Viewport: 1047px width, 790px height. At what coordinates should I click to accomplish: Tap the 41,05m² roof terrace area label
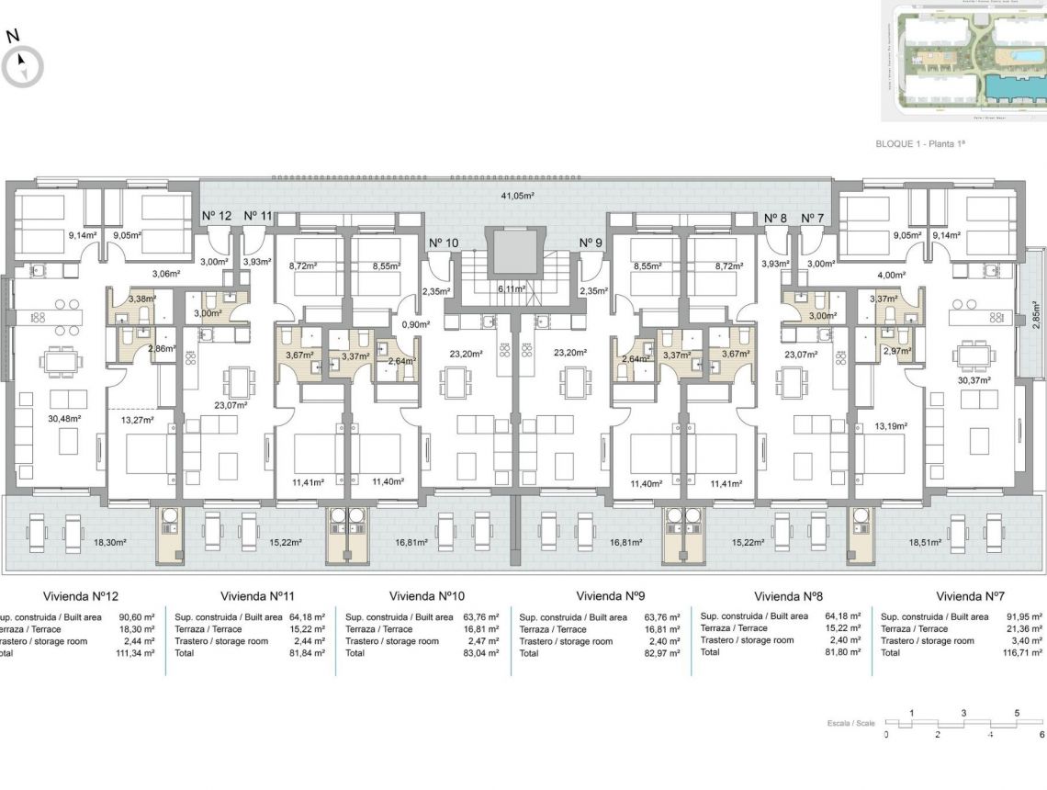click(x=518, y=196)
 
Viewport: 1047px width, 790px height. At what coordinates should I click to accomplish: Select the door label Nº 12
click(x=217, y=216)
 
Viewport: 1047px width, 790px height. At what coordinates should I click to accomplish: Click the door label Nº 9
click(x=591, y=243)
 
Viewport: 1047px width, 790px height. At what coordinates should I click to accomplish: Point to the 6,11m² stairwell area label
click(x=512, y=288)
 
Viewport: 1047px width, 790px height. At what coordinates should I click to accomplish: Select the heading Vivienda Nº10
click(x=427, y=595)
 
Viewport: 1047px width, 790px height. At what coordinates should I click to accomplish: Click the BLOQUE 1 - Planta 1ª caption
click(x=920, y=144)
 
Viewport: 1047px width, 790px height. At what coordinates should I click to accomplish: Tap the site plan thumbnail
click(x=963, y=60)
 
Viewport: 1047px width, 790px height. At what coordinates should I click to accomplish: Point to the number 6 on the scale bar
click(x=1041, y=735)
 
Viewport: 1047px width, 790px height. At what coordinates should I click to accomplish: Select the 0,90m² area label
click(x=416, y=324)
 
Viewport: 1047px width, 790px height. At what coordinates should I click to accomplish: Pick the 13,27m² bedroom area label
click(x=135, y=421)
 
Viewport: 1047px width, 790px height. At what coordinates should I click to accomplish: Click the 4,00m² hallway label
click(x=892, y=275)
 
